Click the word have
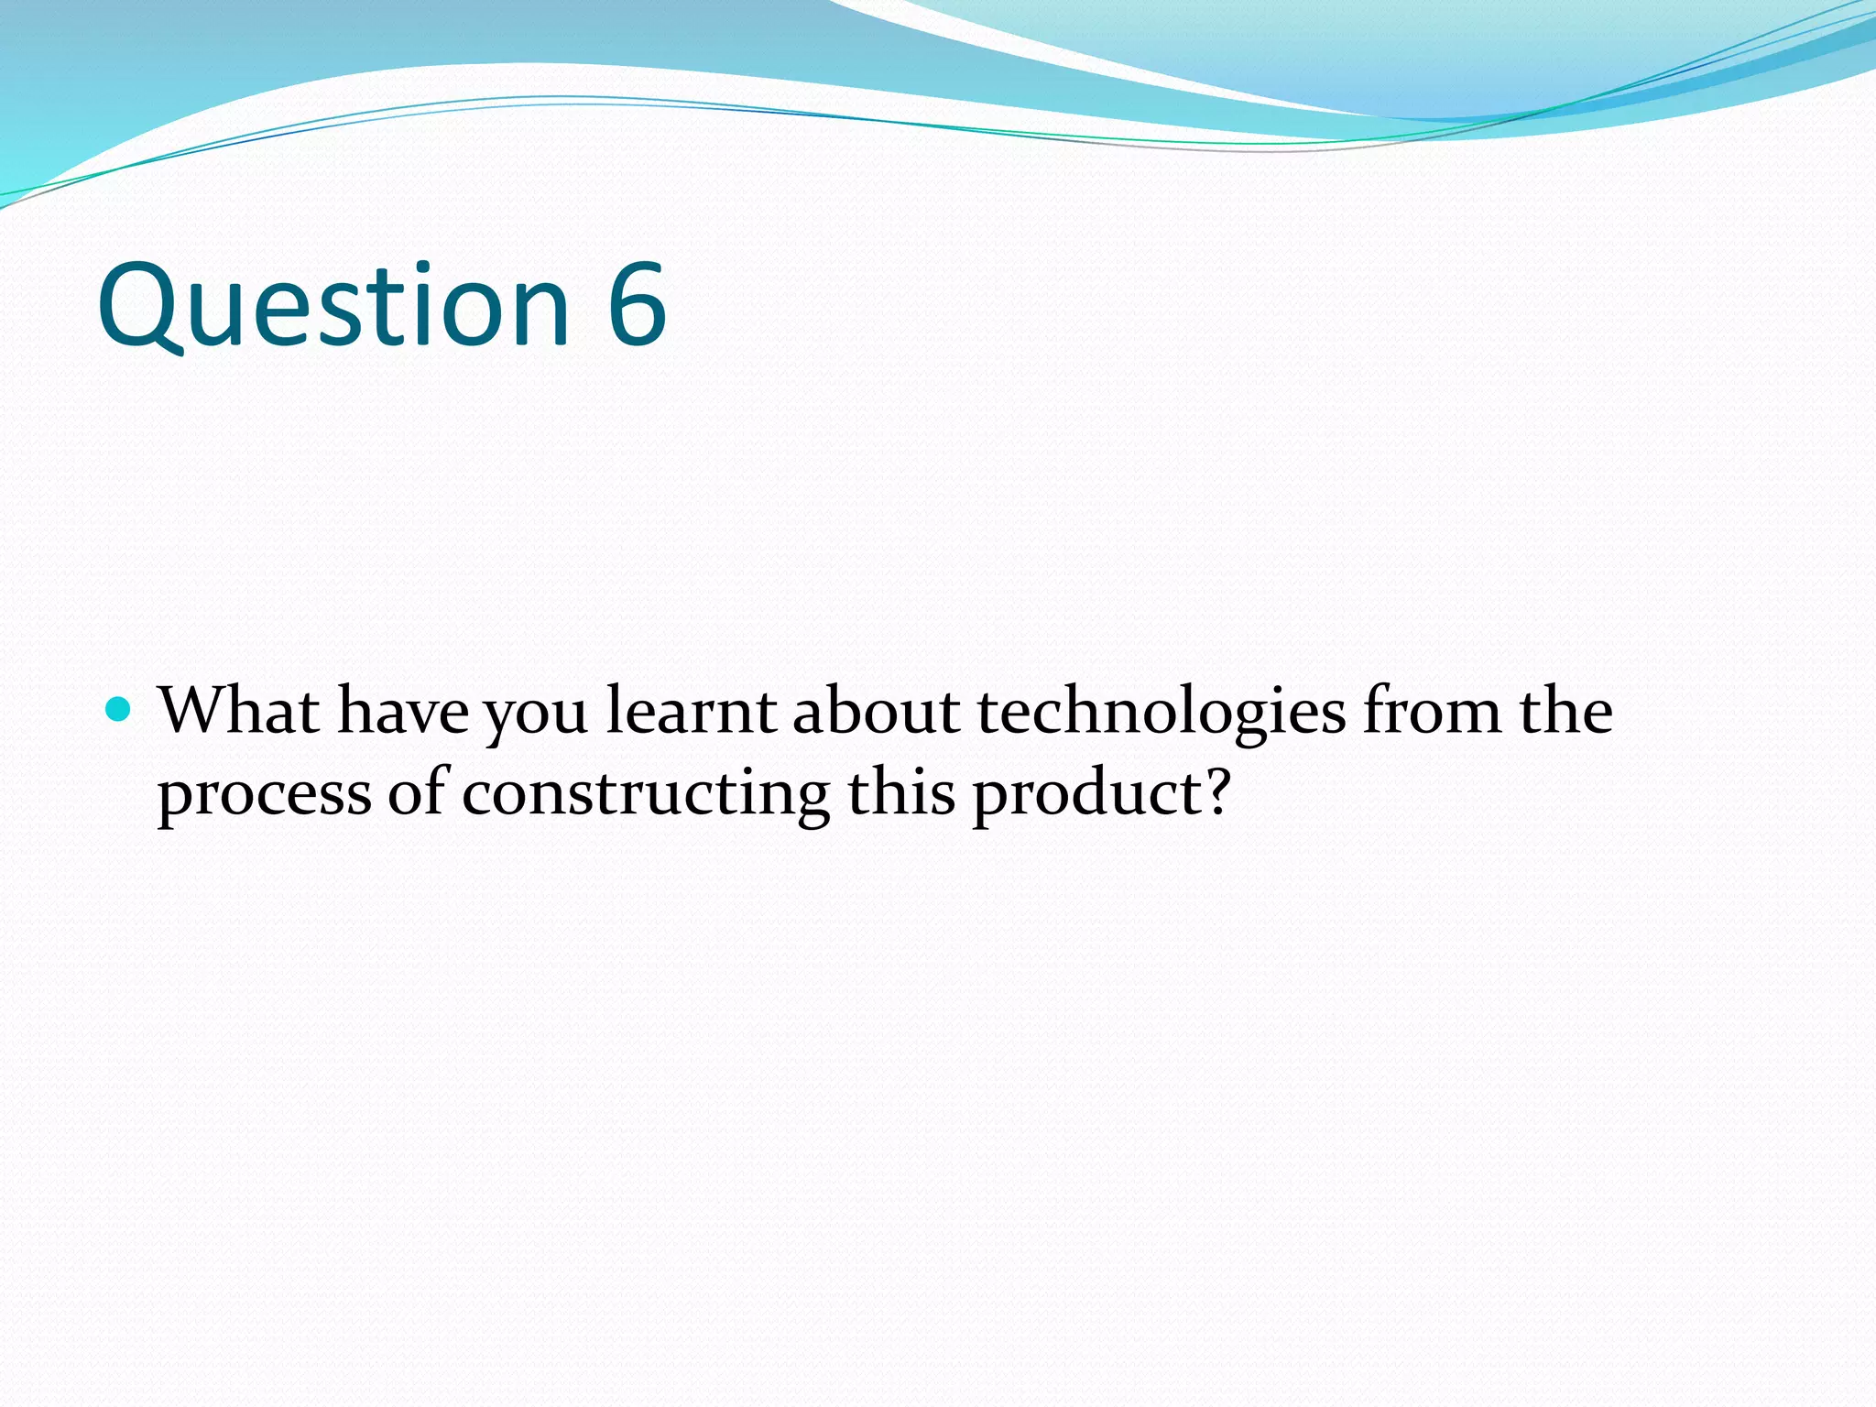[x=402, y=713]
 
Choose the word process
[x=264, y=795]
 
